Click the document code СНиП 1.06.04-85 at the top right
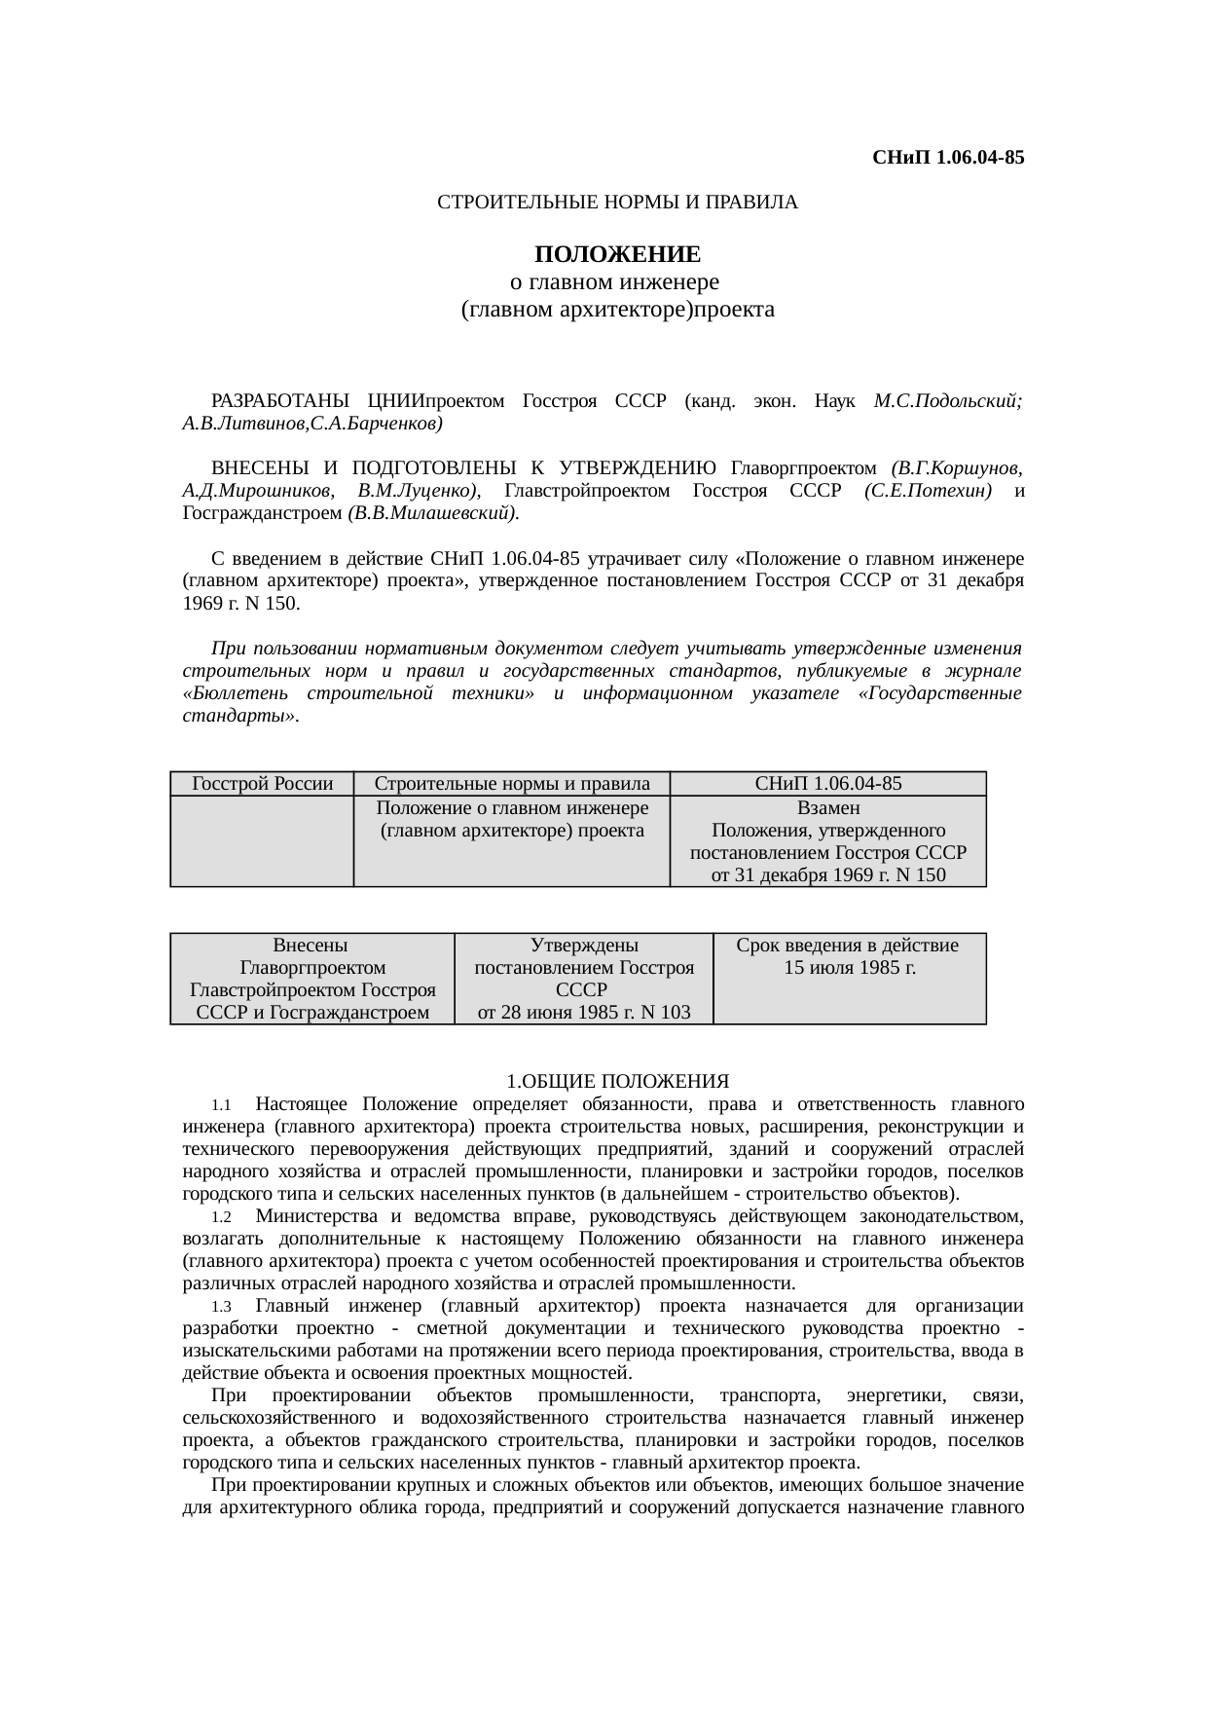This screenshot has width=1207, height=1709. tap(948, 157)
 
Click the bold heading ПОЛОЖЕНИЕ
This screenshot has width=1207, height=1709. tap(617, 255)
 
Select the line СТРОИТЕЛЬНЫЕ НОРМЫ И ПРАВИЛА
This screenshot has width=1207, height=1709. tap(617, 203)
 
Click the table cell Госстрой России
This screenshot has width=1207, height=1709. tap(263, 784)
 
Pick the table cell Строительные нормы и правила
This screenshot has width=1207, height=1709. tap(512, 784)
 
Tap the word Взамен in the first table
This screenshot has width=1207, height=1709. tap(828, 808)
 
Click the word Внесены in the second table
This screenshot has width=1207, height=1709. tap(311, 945)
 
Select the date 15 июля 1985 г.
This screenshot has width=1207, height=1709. tap(850, 968)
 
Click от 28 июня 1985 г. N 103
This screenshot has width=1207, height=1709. tap(584, 1012)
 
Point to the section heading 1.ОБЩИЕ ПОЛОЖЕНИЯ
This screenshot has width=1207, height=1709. tap(617, 1082)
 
